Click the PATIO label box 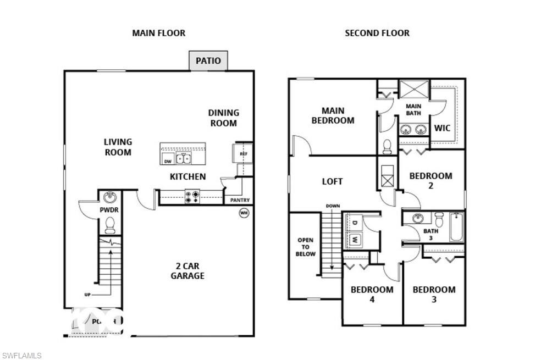point(208,60)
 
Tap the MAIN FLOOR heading point(158,33)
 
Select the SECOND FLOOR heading point(377,33)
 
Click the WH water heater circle point(244,213)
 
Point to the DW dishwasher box point(168,161)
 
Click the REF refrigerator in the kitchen point(243,154)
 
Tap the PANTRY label point(240,200)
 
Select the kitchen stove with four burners point(192,197)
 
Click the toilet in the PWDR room point(110,225)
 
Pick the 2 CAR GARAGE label point(187,271)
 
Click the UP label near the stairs point(87,295)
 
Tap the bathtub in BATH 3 point(457,227)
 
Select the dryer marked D point(354,223)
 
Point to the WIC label point(442,128)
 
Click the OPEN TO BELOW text point(306,247)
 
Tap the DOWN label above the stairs point(333,206)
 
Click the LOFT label point(332,181)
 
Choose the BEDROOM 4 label point(372,294)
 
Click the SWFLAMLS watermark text point(21,356)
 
